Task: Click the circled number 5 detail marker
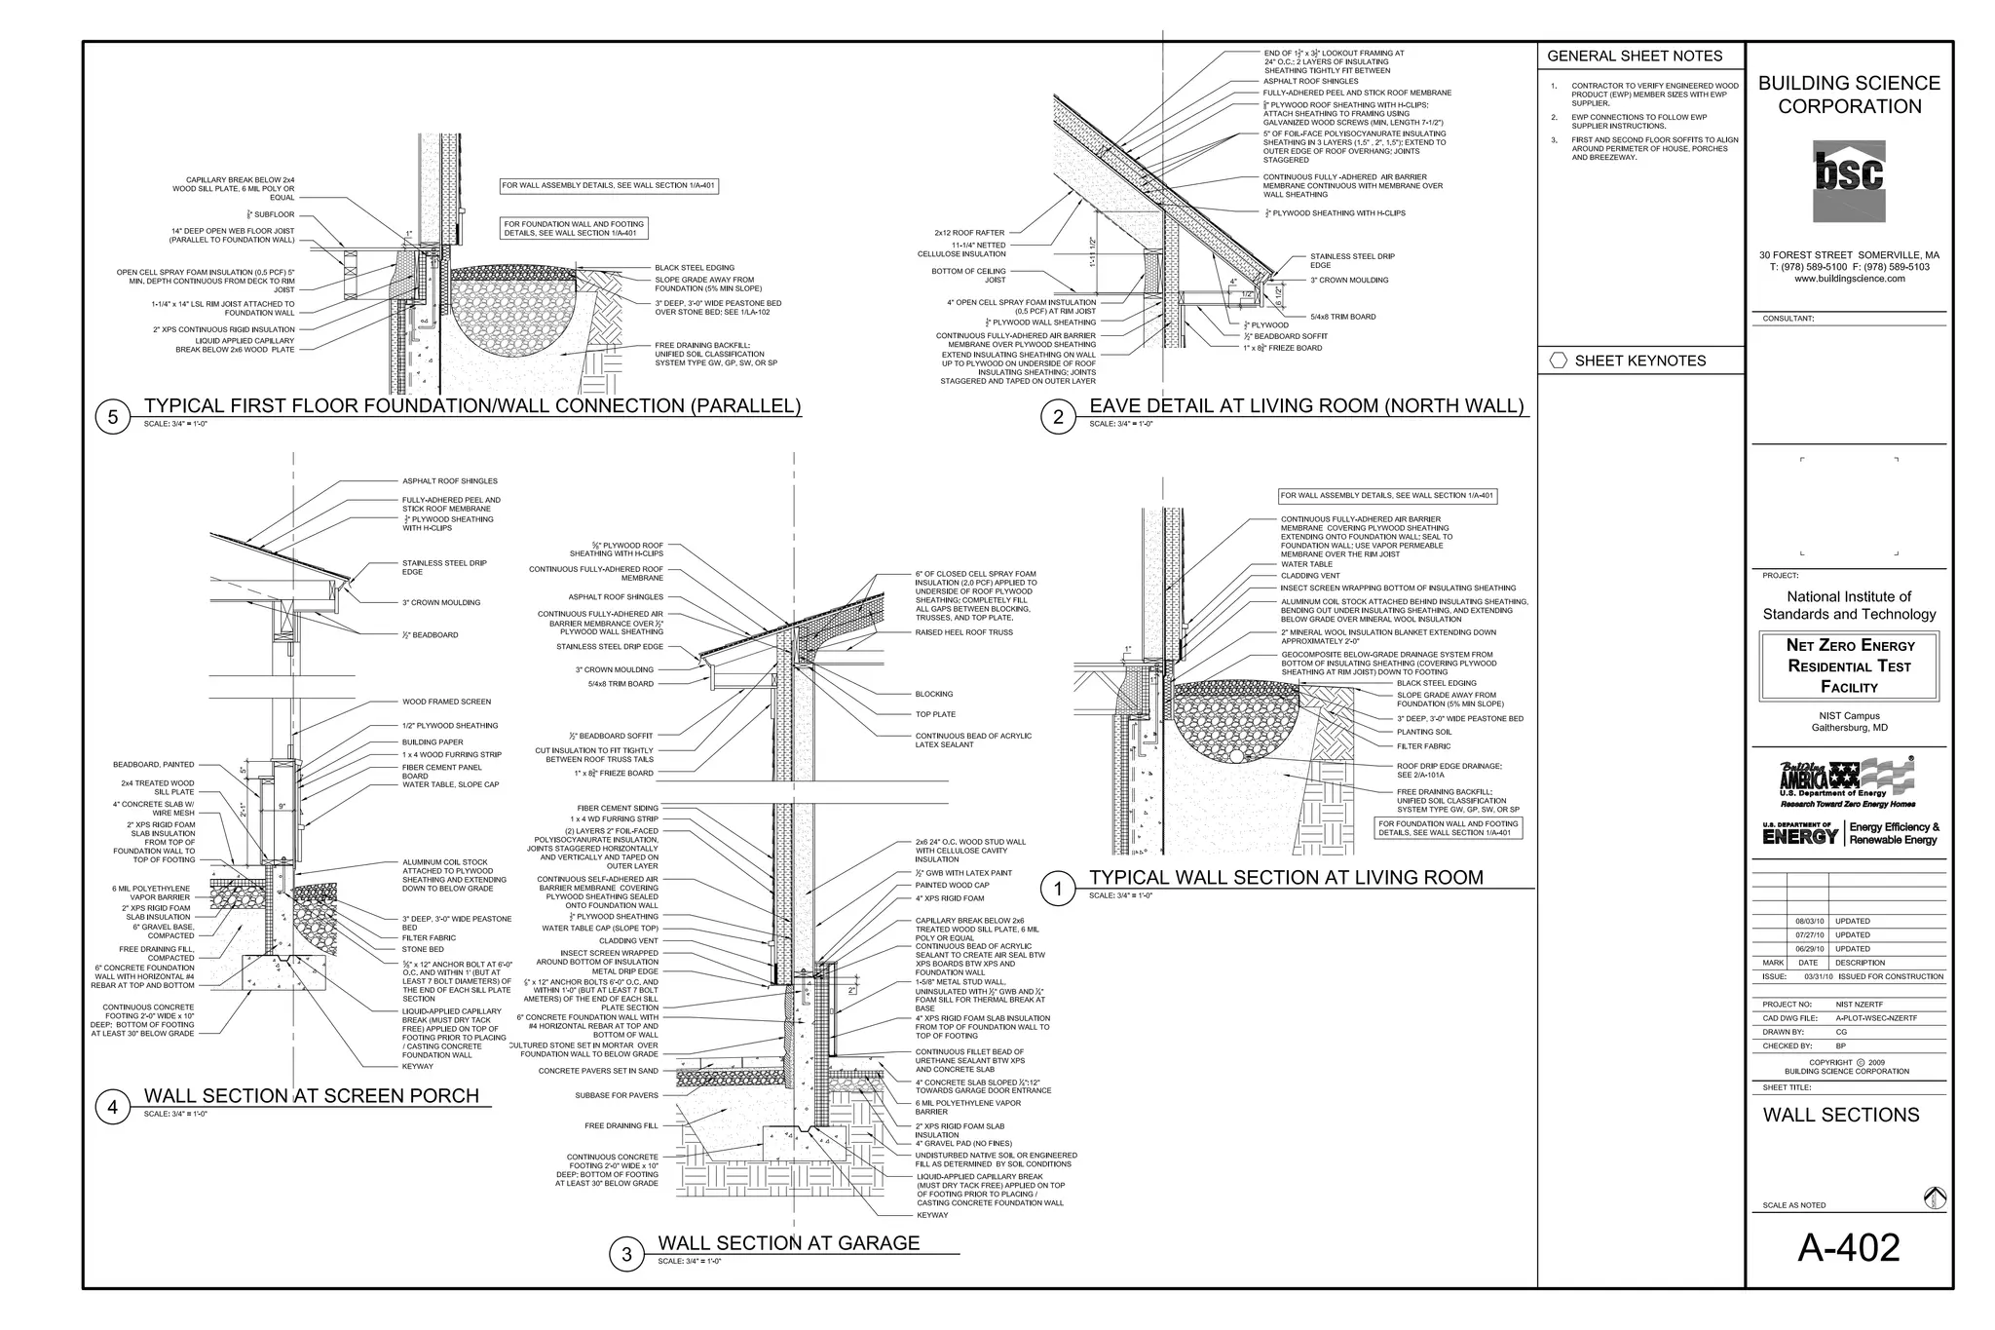pyautogui.click(x=113, y=418)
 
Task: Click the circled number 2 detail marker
pyautogui.click(x=1059, y=418)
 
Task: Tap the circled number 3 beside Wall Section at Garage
pyautogui.click(x=626, y=1255)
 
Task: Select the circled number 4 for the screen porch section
pyautogui.click(x=113, y=1108)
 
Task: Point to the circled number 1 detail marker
pyautogui.click(x=1059, y=889)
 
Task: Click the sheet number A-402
pyautogui.click(x=1848, y=1248)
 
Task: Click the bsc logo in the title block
pyautogui.click(x=1848, y=180)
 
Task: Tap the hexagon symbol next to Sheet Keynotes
pyautogui.click(x=1558, y=361)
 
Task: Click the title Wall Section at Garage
pyautogui.click(x=789, y=1243)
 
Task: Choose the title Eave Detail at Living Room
pyautogui.click(x=1305, y=406)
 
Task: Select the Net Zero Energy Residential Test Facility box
pyautogui.click(x=1849, y=666)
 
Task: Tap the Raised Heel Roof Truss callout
pyautogui.click(x=963, y=632)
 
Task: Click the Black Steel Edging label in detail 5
pyautogui.click(x=694, y=268)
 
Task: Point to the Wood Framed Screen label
pyautogui.click(x=446, y=702)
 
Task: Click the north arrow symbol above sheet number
pyautogui.click(x=1935, y=1199)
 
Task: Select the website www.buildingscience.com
pyautogui.click(x=1848, y=279)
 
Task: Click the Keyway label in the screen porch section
pyautogui.click(x=417, y=1066)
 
